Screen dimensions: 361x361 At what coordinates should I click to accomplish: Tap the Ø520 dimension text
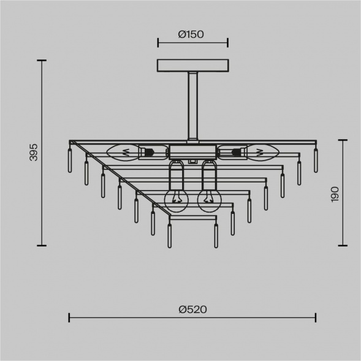192,310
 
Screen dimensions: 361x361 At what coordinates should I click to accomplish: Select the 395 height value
34,153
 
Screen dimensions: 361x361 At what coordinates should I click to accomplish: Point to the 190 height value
334,194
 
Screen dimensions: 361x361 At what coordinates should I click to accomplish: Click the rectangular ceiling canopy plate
192,65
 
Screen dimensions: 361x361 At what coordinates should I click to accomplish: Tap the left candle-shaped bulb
123,151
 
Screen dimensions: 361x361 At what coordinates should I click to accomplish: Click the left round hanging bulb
176,201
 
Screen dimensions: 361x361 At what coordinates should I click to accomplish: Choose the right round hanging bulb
208,201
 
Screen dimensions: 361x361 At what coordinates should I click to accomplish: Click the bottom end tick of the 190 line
342,245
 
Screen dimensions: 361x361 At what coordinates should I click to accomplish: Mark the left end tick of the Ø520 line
69,317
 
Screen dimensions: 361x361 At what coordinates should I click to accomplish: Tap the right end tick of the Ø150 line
227,42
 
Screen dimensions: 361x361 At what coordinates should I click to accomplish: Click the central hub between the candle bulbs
192,151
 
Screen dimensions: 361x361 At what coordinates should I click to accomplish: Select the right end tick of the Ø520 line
316,317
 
